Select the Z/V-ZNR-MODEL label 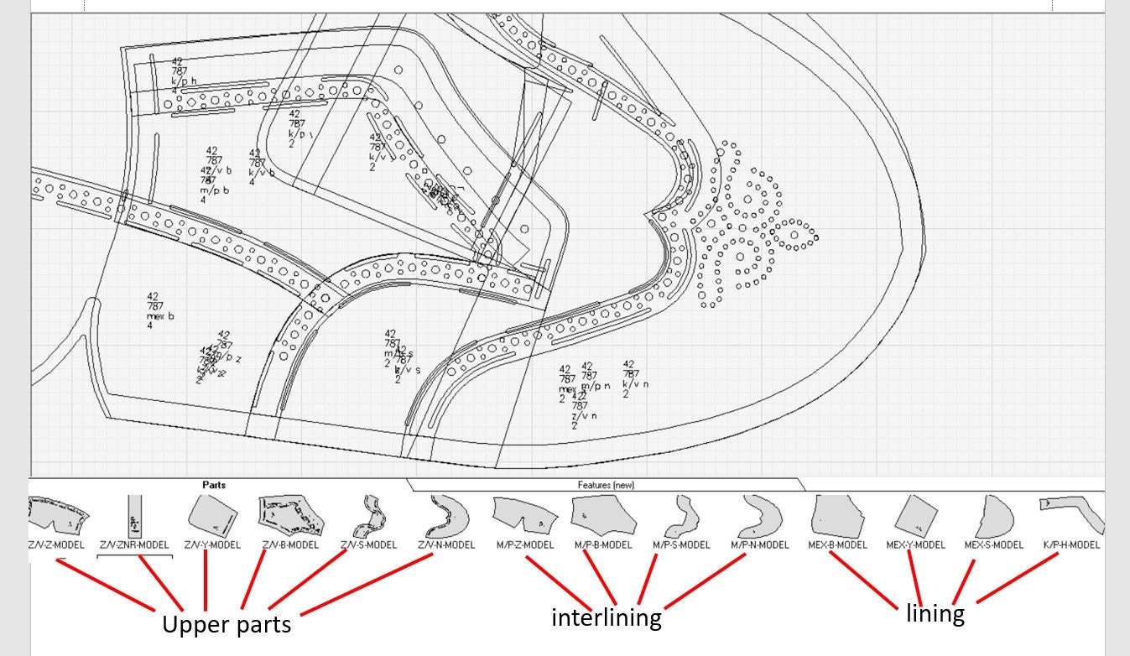coord(134,545)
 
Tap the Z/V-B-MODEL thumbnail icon coord(289,514)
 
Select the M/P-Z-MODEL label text coord(525,545)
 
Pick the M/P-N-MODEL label coord(760,545)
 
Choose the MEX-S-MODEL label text coord(993,545)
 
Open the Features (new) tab coord(607,485)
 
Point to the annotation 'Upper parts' coord(227,625)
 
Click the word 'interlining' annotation coord(606,618)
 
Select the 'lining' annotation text coord(935,613)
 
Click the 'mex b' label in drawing coord(160,316)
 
